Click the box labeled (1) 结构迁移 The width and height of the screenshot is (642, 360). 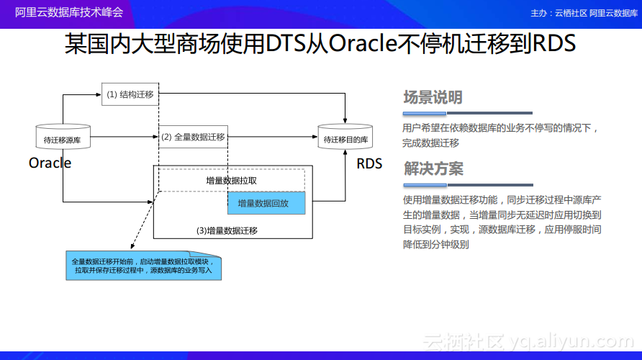coord(130,94)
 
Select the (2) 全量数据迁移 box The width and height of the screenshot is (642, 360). coord(193,137)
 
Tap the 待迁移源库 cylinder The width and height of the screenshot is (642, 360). coord(63,136)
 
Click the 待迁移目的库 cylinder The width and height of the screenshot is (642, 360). coord(345,136)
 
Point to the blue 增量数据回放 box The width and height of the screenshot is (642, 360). coord(266,203)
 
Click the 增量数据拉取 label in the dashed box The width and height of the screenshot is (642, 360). coord(231,181)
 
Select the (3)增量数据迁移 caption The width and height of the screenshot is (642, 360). coord(227,230)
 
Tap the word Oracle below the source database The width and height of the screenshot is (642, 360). coord(50,163)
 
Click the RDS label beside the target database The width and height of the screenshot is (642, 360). coord(369,164)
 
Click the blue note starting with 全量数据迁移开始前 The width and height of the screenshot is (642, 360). coord(144,266)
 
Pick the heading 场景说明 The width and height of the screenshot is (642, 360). coord(433,97)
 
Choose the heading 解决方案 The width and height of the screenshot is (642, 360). coord(433,168)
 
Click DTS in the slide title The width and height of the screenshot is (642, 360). coord(286,43)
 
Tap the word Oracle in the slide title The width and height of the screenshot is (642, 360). coord(363,43)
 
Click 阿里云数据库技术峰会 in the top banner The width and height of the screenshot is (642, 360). coord(69,12)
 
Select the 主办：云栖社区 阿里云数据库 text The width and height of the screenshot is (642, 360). coord(584,13)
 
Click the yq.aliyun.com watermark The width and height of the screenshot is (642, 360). coord(572,341)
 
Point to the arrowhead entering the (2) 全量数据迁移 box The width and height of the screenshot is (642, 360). coord(155,137)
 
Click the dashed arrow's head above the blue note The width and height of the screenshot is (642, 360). coord(132,246)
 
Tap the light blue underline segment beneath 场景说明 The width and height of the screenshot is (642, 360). coord(425,113)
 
